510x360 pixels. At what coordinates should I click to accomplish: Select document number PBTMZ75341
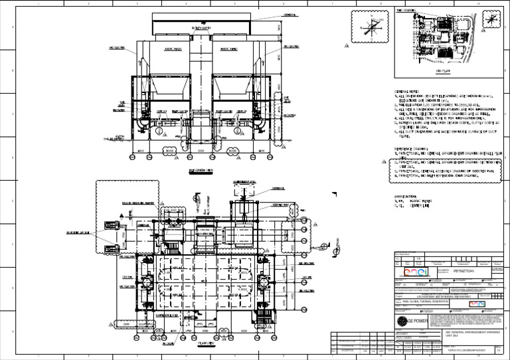464,271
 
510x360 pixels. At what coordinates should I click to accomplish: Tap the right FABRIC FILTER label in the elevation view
229,48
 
